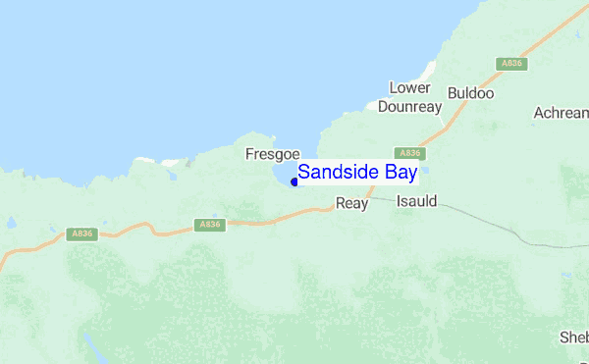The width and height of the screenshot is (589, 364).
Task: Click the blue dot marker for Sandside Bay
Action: click(x=294, y=182)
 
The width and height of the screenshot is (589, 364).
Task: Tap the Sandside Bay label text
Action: click(x=357, y=172)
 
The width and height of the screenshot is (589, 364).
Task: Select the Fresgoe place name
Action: click(x=265, y=154)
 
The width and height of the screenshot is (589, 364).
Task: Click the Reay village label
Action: click(x=350, y=203)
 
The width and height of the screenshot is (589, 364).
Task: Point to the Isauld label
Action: click(x=416, y=201)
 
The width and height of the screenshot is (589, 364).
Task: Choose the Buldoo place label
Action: click(x=470, y=93)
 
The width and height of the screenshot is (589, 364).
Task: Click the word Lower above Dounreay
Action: click(x=409, y=87)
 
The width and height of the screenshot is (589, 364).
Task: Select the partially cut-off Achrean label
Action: click(x=561, y=113)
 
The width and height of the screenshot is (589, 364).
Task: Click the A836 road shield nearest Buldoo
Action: click(x=511, y=63)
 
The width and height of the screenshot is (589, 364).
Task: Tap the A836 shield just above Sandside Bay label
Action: click(x=409, y=153)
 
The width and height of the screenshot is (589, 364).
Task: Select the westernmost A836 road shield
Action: click(x=82, y=234)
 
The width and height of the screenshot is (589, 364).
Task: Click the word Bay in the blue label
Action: click(x=398, y=172)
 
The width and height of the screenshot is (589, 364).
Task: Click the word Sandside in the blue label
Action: click(x=338, y=172)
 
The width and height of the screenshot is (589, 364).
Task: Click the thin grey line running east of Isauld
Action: click(x=481, y=217)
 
